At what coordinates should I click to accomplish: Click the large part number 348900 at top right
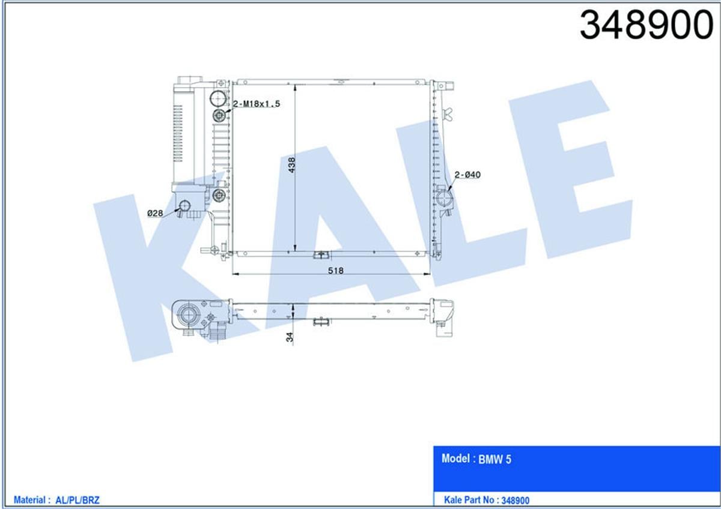[x=646, y=25]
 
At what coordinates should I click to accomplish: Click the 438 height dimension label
[x=291, y=165]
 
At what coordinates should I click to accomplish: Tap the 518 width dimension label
[x=336, y=271]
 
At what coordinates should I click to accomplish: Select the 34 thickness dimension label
[x=290, y=337]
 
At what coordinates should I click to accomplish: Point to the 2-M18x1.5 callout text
[x=257, y=104]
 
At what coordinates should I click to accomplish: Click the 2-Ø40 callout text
[x=467, y=175]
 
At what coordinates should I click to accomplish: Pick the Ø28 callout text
[x=155, y=213]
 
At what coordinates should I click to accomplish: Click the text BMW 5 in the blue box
[x=494, y=459]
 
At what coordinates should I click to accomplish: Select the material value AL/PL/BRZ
[x=78, y=500]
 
